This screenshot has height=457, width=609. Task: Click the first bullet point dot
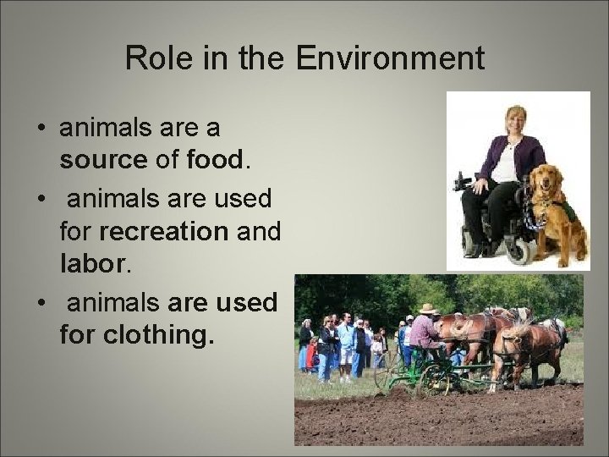point(40,129)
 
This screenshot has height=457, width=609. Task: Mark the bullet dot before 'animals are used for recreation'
point(40,200)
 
